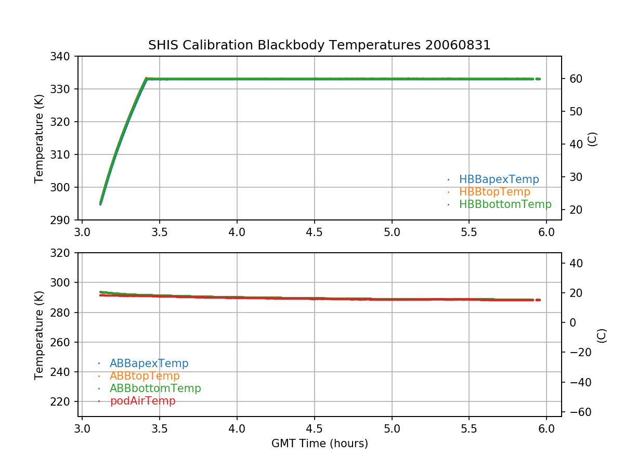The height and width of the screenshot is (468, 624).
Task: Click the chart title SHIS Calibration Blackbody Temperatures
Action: coord(319,45)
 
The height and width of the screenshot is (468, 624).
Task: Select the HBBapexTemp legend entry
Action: coord(499,179)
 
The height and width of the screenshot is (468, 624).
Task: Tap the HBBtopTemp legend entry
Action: coord(494,192)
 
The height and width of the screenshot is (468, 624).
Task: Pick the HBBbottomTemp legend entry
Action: coord(505,204)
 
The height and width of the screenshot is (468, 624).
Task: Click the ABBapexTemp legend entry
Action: coord(149,363)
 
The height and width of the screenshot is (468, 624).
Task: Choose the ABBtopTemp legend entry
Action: coord(144,376)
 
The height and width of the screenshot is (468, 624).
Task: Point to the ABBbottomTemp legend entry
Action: coord(155,388)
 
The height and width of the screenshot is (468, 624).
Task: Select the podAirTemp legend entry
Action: coord(142,401)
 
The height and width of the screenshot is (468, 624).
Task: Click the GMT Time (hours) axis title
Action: coord(319,444)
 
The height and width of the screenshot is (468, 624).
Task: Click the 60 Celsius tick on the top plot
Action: coord(574,79)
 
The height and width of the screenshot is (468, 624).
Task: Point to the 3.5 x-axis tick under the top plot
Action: coord(160,231)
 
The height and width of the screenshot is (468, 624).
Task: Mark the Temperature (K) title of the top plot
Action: coord(40,138)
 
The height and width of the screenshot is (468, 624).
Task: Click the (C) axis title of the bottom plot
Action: coord(602,335)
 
